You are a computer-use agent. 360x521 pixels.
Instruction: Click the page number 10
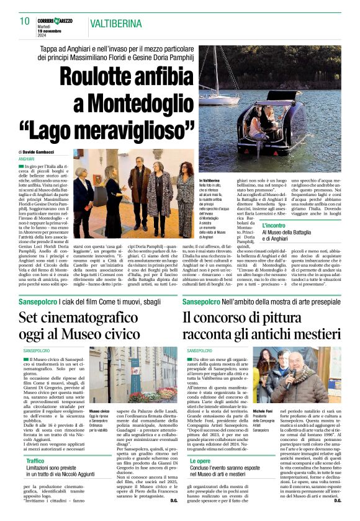(x=25, y=21)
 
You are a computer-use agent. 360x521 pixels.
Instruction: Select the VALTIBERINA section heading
(x=115, y=24)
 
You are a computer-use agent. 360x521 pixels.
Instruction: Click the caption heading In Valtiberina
(x=211, y=179)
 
